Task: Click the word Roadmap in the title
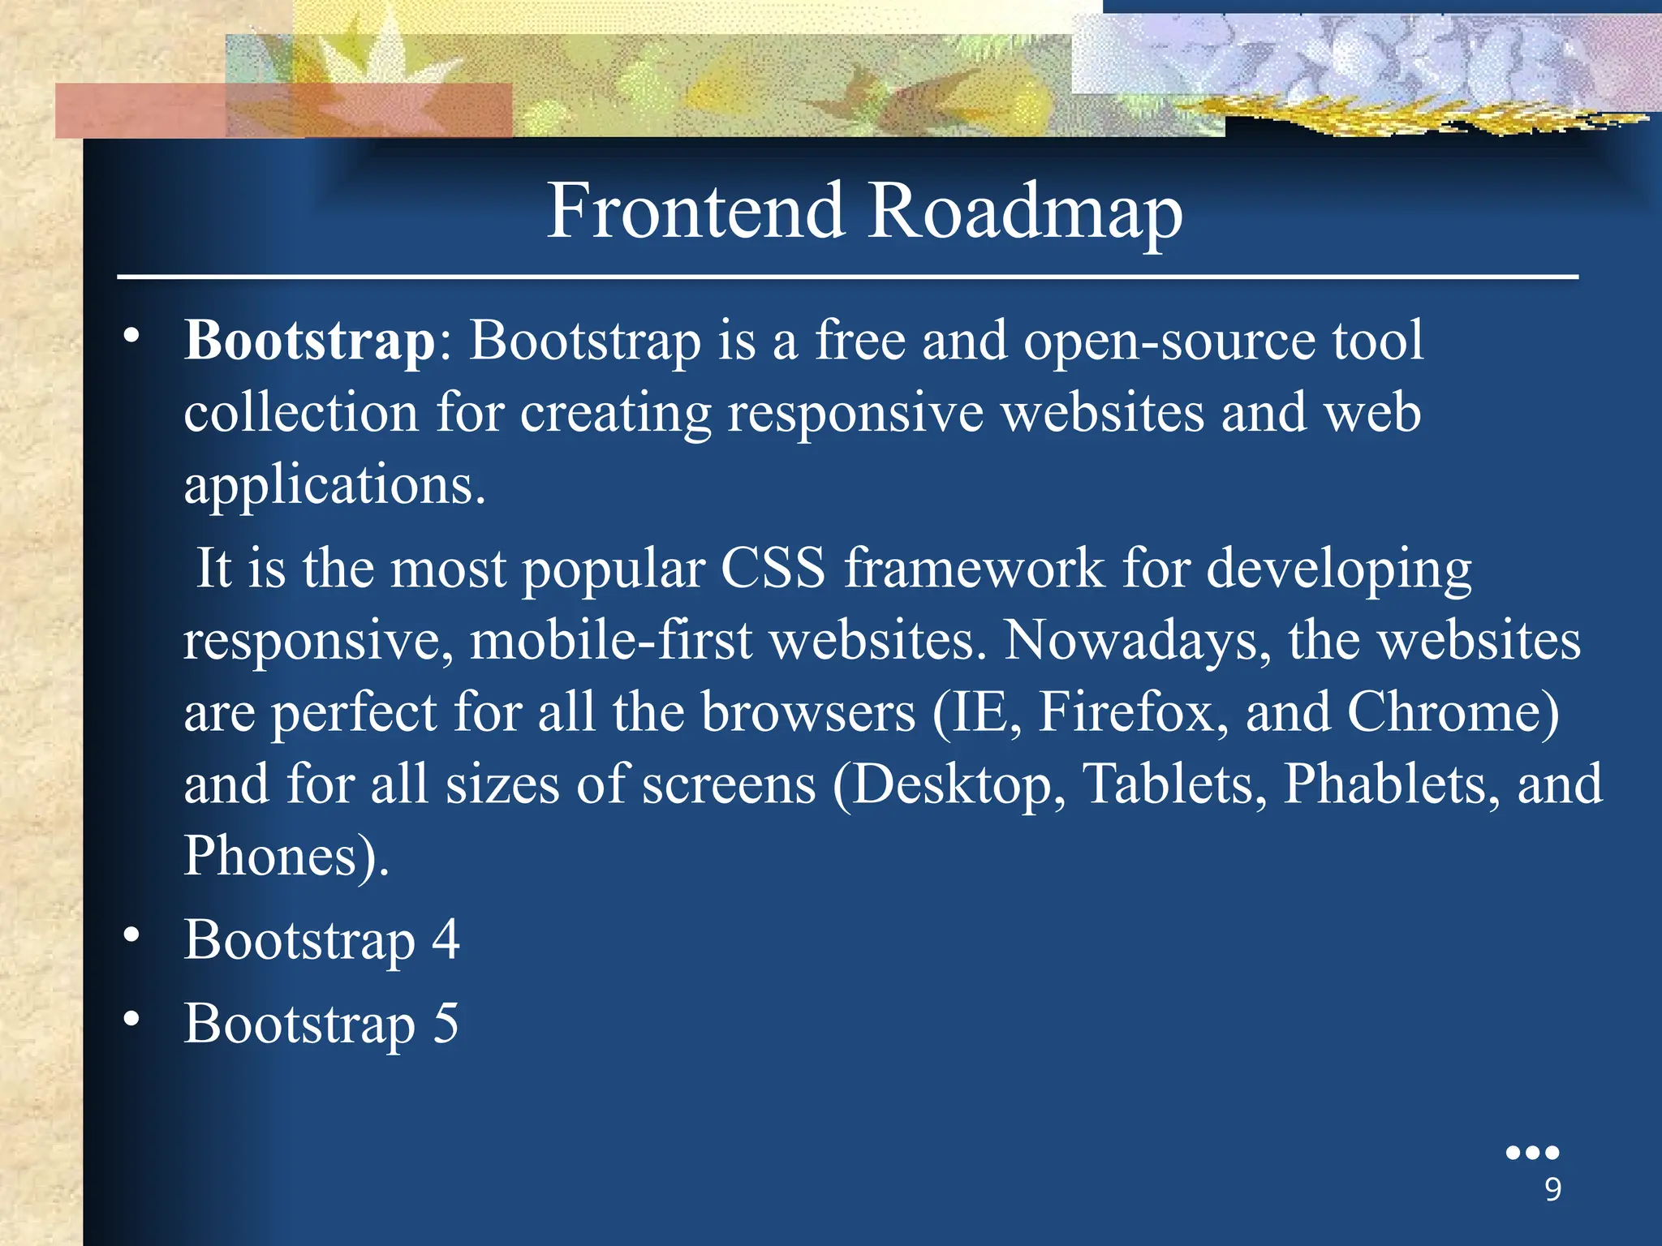click(1026, 213)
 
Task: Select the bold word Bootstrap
click(310, 340)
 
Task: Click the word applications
click(334, 485)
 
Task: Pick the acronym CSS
click(773, 567)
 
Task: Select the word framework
click(975, 567)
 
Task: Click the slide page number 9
click(1552, 1189)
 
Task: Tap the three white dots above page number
click(1532, 1152)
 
